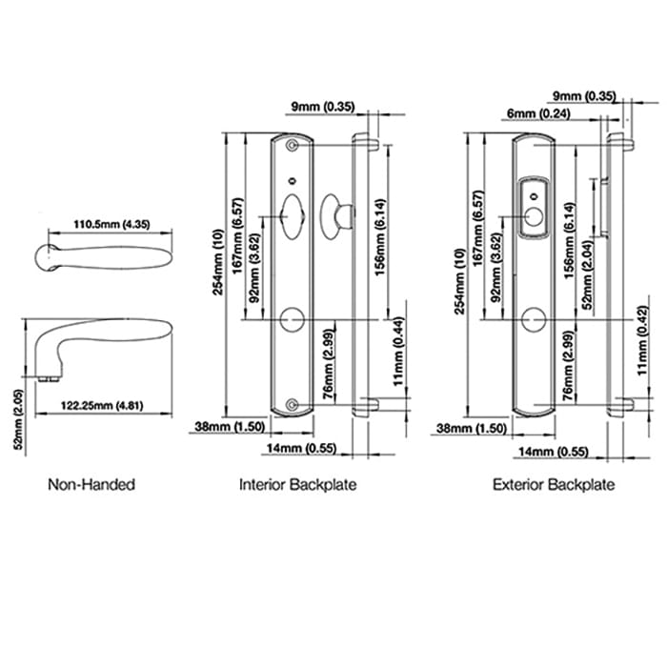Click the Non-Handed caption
[91, 484]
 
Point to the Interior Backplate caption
[297, 484]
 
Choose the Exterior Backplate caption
[554, 484]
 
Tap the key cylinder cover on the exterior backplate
[536, 205]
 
